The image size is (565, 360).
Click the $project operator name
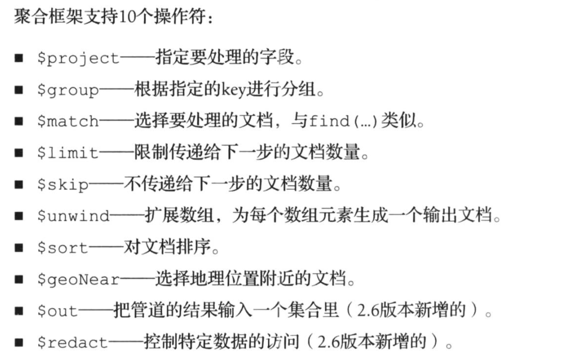click(78, 58)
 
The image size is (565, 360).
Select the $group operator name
click(68, 90)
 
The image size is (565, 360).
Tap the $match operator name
click(68, 121)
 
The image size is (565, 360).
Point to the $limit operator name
click(68, 153)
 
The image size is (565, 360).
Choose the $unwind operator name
click(73, 216)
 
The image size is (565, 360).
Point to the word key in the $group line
click(233, 90)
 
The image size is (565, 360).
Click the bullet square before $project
click(19, 58)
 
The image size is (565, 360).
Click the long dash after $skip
click(106, 184)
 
